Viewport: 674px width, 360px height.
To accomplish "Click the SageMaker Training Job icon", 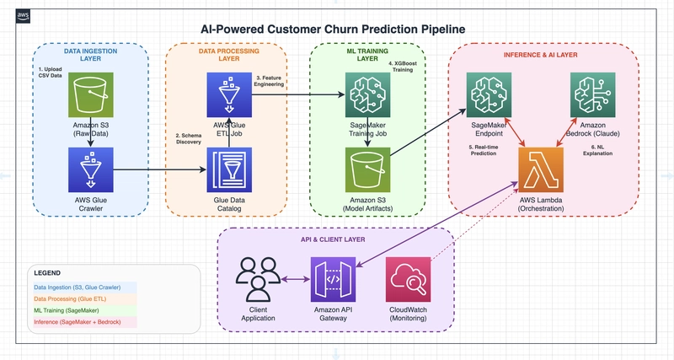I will (x=367, y=94).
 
